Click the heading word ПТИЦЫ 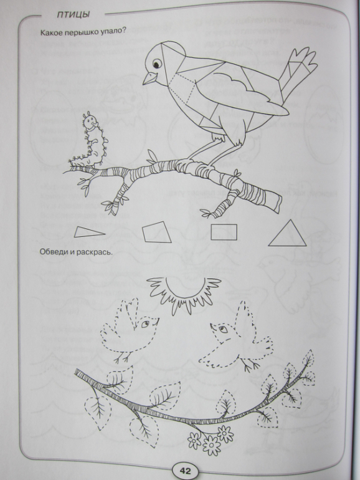(73, 15)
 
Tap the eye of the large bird (156, 64)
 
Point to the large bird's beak (149, 78)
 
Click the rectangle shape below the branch (224, 232)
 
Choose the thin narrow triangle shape (89, 233)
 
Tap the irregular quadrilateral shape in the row (156, 233)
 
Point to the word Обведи (53, 252)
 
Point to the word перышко (80, 33)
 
